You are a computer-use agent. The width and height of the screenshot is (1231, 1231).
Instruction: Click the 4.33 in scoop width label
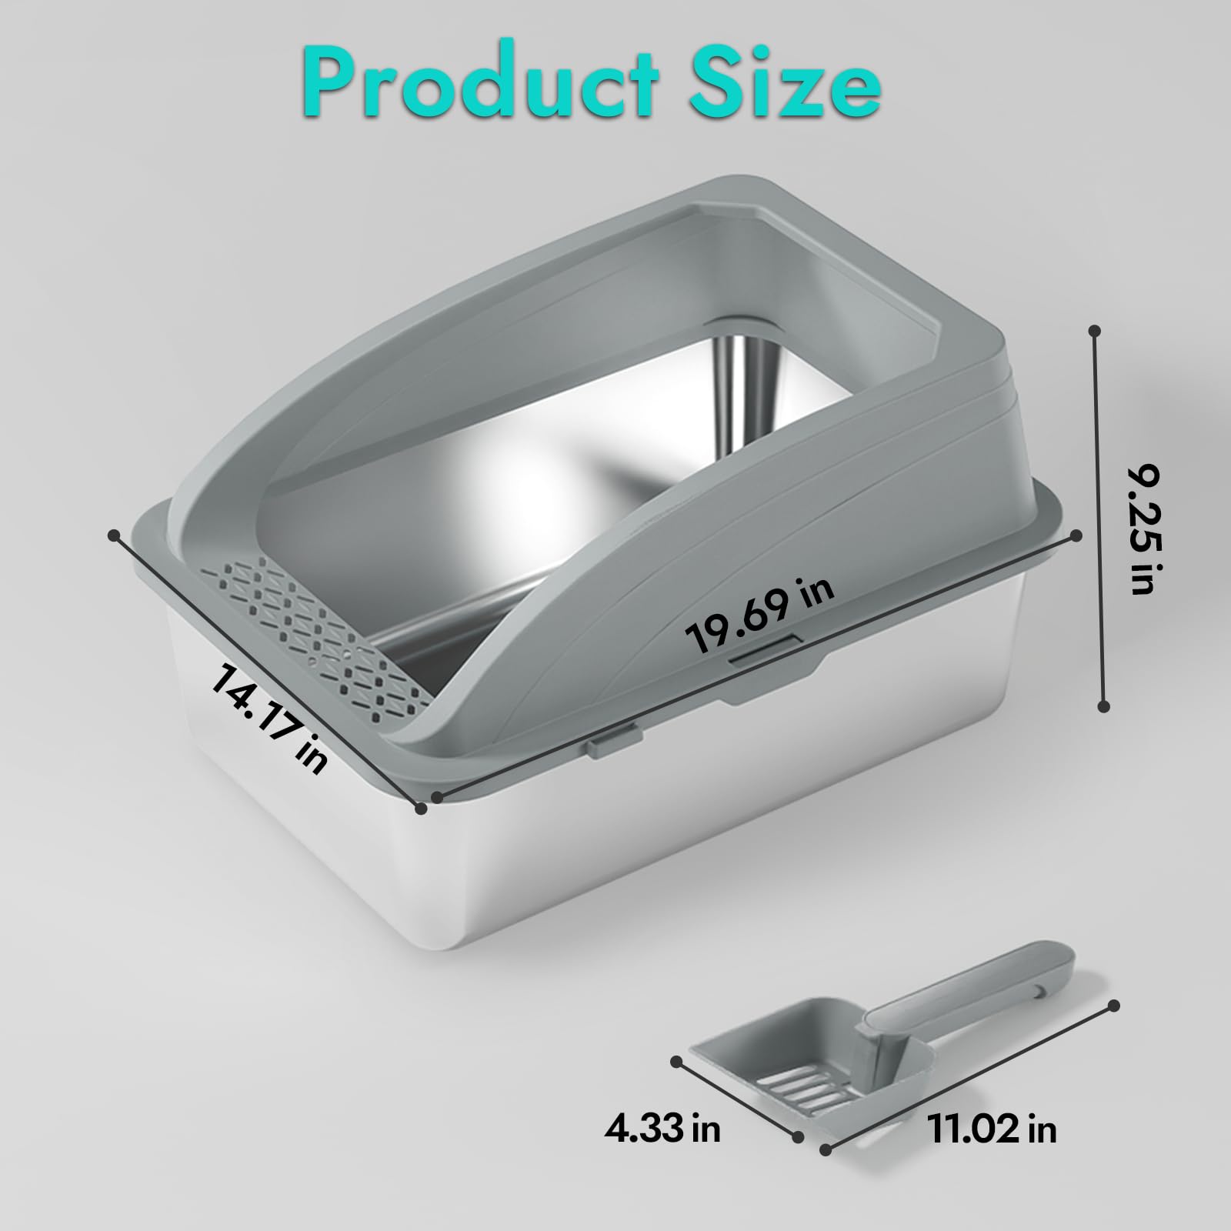click(x=661, y=1129)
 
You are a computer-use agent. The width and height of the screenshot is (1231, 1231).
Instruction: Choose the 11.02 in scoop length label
click(x=992, y=1129)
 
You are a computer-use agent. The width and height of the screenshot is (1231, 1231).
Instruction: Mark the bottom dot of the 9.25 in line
click(x=1104, y=705)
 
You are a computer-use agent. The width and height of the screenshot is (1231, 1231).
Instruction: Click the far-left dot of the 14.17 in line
click(x=114, y=534)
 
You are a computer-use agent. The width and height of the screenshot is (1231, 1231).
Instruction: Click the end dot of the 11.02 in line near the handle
click(x=1115, y=1005)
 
